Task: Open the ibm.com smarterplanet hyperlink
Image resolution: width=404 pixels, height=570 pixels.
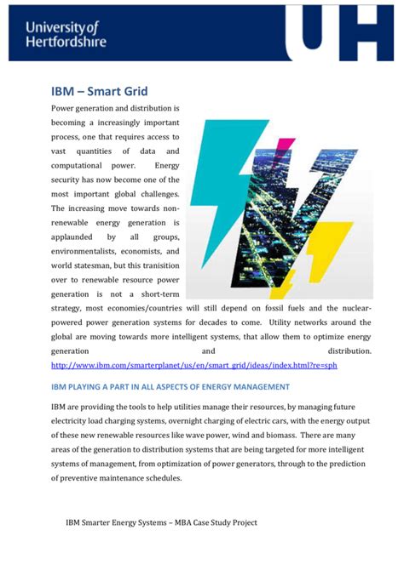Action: [194, 365]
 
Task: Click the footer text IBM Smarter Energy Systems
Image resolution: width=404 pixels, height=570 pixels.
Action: [161, 523]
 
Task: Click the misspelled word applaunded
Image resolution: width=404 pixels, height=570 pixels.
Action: [78, 237]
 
